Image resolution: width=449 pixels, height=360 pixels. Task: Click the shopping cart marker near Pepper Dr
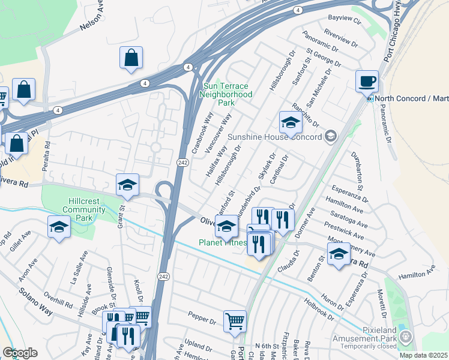pos(235,320)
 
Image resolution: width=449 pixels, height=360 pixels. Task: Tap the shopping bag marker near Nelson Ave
pos(131,58)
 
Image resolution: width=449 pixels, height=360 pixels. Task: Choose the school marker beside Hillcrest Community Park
pos(127,185)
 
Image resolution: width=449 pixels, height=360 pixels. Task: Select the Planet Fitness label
pos(223,242)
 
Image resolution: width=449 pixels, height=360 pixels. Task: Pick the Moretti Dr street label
pos(381,304)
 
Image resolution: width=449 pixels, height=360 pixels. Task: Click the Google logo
pos(20,352)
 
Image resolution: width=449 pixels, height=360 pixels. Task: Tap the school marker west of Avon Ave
pos(59,227)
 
